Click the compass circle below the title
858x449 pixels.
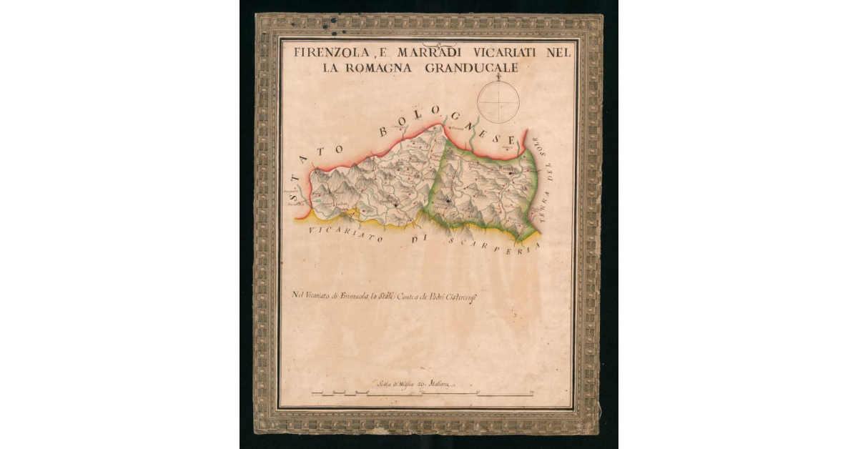click(498, 102)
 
